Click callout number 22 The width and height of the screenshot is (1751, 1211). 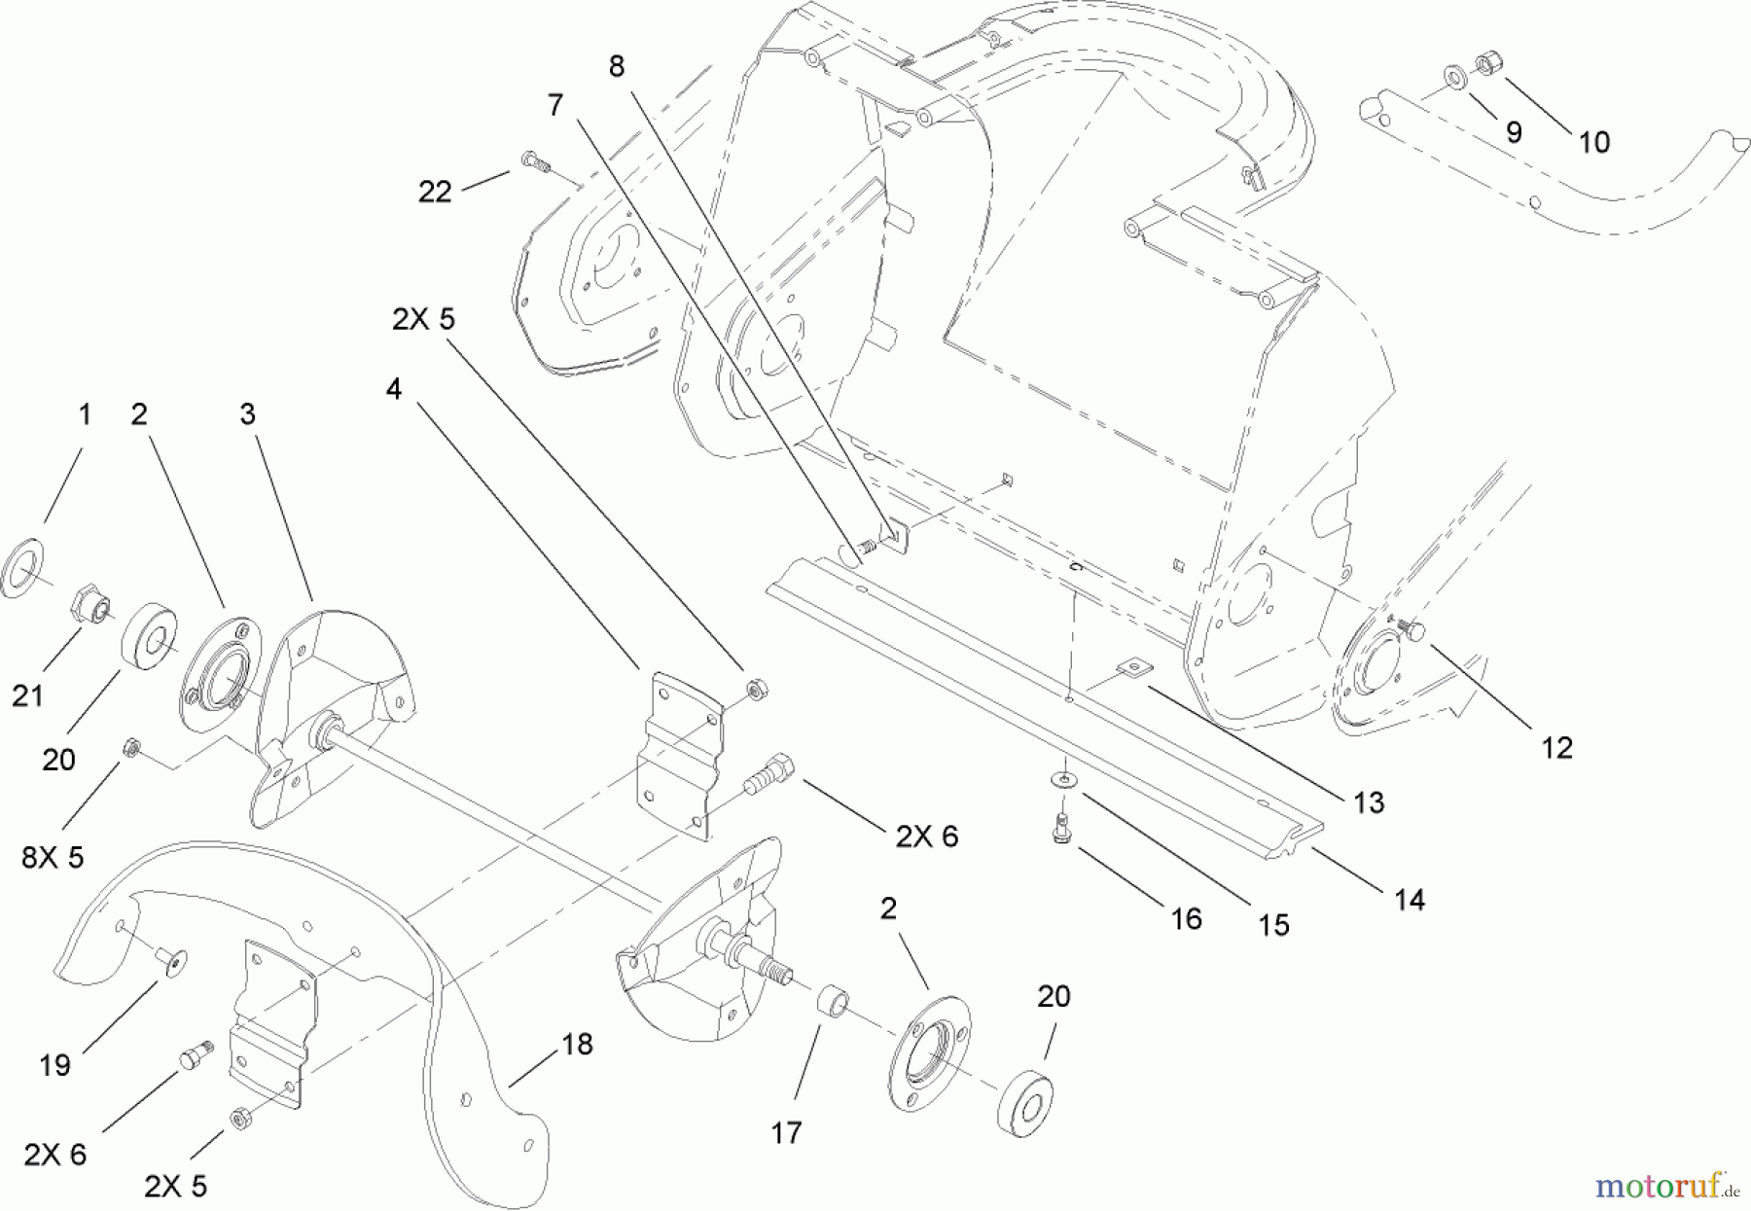click(435, 192)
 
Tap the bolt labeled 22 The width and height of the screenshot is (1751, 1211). click(534, 160)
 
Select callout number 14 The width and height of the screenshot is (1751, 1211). click(1410, 900)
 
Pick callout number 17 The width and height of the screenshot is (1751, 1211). click(786, 1132)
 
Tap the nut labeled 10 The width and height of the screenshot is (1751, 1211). click(1485, 64)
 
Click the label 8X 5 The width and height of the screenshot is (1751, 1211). click(53, 857)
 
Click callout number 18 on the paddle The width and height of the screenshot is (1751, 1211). click(577, 1045)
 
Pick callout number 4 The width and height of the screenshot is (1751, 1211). click(393, 389)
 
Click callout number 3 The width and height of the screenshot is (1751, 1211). click(247, 414)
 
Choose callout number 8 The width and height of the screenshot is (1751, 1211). click(617, 66)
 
